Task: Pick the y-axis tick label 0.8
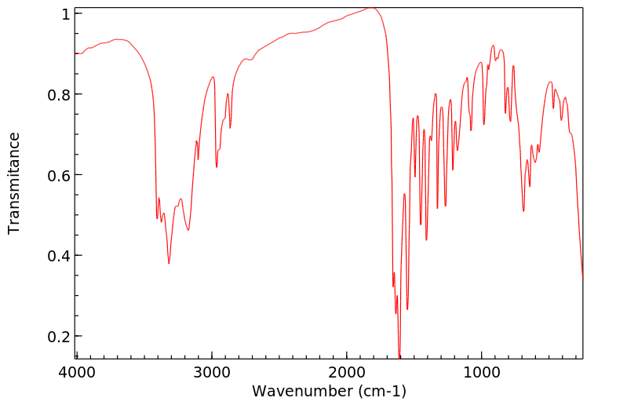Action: point(60,95)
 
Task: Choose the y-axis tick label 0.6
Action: point(60,175)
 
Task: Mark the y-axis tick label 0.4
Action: point(60,256)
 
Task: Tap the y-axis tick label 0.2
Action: point(60,336)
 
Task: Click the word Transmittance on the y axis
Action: point(14,183)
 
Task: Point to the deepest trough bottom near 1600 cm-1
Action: point(399,357)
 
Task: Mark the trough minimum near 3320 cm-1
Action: point(169,263)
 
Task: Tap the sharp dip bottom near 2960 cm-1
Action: point(217,166)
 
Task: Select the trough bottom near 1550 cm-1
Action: point(407,308)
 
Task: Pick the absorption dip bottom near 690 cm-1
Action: point(523,211)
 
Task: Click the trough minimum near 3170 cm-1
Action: point(188,230)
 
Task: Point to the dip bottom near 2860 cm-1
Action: point(230,128)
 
